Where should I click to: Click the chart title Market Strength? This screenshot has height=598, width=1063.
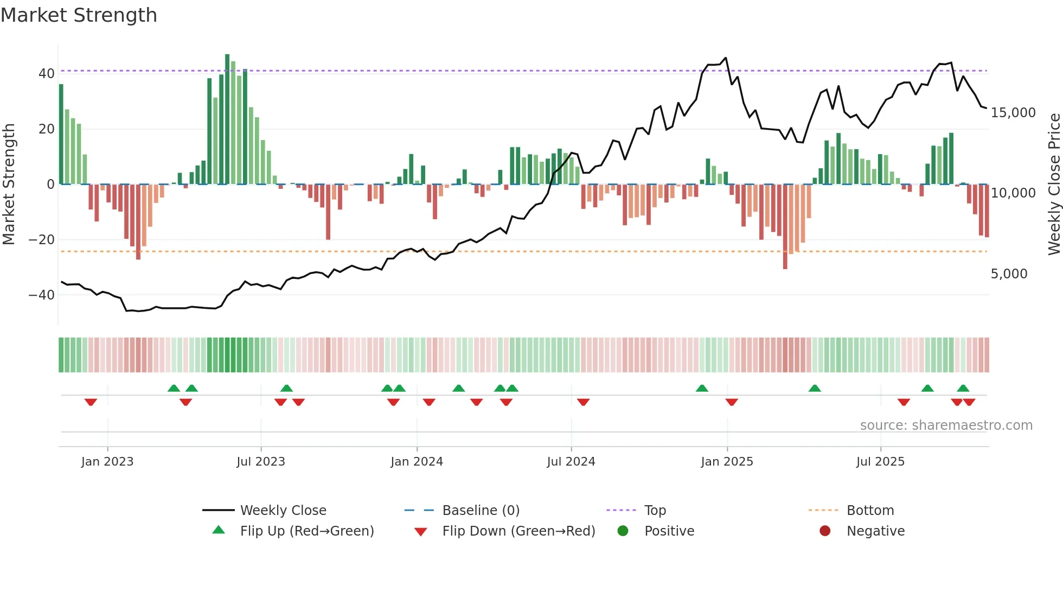(79, 15)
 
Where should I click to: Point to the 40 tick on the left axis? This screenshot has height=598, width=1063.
(47, 74)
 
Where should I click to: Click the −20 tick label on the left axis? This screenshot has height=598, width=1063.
(42, 240)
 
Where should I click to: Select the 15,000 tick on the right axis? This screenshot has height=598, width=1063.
(1013, 113)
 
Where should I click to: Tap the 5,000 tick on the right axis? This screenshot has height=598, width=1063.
(1009, 274)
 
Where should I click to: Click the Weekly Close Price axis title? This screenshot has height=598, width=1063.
(1054, 185)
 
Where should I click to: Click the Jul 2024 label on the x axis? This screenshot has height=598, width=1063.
(571, 462)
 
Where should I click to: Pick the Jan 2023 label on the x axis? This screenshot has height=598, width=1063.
(107, 462)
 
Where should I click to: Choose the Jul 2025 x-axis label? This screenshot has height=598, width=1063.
(880, 462)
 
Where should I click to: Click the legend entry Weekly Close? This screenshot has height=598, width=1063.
(283, 511)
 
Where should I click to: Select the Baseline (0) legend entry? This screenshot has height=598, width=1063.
(481, 511)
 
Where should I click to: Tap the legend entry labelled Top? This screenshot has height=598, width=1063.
(655, 511)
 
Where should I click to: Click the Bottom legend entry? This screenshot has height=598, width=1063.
(870, 511)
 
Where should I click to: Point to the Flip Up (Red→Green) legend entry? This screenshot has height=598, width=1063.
(307, 531)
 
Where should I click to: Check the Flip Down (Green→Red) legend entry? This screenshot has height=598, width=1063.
(518, 531)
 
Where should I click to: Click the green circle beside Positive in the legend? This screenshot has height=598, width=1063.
(623, 531)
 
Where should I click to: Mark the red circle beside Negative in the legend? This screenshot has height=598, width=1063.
(825, 531)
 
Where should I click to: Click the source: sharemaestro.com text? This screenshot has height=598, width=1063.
(946, 425)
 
